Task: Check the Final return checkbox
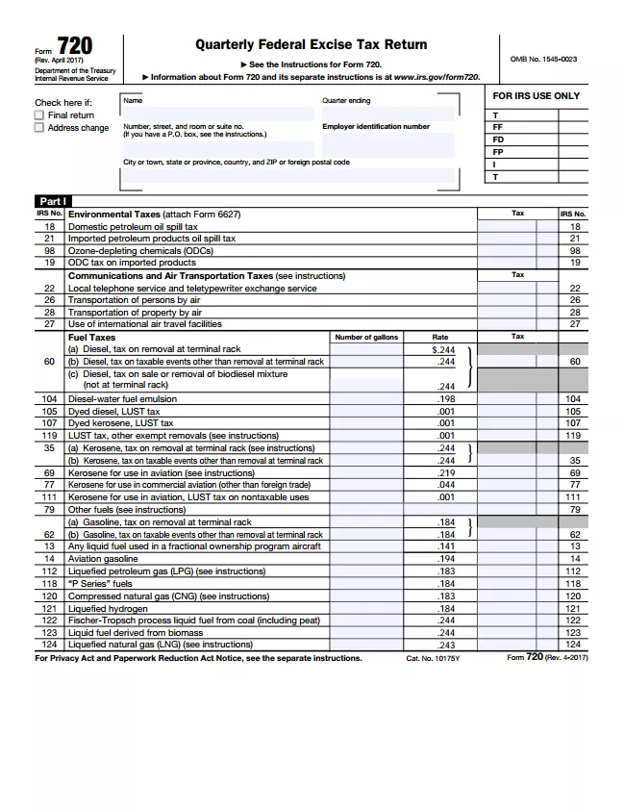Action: click(x=39, y=115)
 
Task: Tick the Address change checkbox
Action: click(x=39, y=128)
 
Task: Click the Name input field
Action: click(x=218, y=114)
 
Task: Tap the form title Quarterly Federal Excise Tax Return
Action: click(x=311, y=44)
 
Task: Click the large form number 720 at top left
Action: click(x=75, y=47)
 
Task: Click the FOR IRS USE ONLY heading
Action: click(x=537, y=96)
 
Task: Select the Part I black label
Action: click(x=53, y=201)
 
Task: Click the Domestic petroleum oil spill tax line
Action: click(x=133, y=227)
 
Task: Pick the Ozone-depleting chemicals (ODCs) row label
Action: click(x=140, y=250)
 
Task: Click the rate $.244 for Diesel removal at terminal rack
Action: click(x=443, y=350)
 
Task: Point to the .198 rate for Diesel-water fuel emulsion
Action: click(x=445, y=398)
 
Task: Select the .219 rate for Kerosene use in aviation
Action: click(x=445, y=473)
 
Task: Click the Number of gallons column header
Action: click(x=366, y=337)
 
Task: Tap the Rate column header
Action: click(x=440, y=337)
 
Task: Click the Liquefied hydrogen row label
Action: click(x=108, y=609)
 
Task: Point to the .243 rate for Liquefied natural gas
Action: click(x=445, y=646)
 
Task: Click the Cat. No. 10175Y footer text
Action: click(x=433, y=659)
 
